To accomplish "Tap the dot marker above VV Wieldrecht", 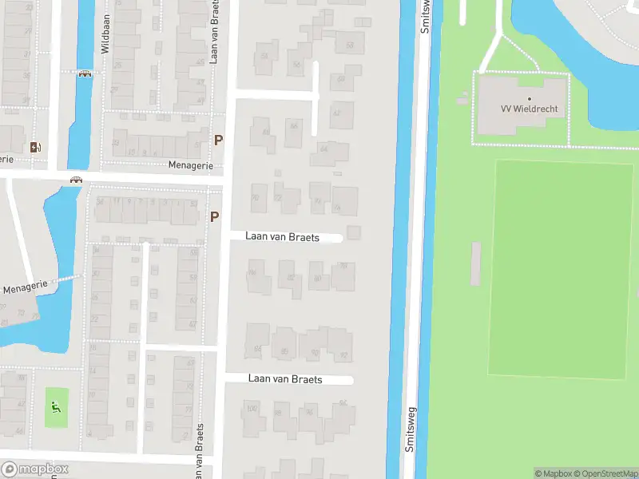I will pyautogui.click(x=529, y=99).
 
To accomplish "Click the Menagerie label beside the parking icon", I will pyautogui.click(x=191, y=165).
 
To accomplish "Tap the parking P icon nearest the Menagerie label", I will pyautogui.click(x=217, y=141).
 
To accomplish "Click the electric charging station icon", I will pyautogui.click(x=34, y=147).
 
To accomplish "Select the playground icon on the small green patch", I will pyautogui.click(x=55, y=406).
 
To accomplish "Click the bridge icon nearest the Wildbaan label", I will pyautogui.click(x=85, y=74).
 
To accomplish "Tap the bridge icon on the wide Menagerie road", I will pyautogui.click(x=76, y=180).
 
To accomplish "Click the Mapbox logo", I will pyautogui.click(x=35, y=469).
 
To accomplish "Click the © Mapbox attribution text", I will pyautogui.click(x=554, y=473).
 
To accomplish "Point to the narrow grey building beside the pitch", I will pyautogui.click(x=476, y=263).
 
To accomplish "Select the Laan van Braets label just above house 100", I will pyautogui.click(x=285, y=379).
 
